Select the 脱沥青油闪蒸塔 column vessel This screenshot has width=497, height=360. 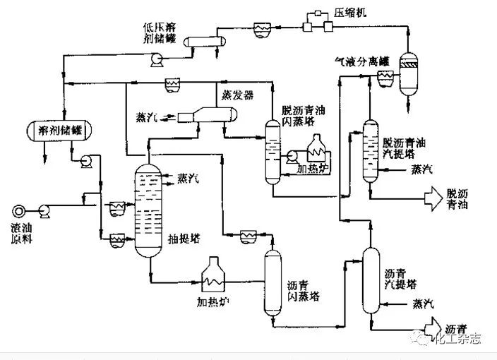[273, 150]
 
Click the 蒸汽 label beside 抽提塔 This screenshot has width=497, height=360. [188, 178]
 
